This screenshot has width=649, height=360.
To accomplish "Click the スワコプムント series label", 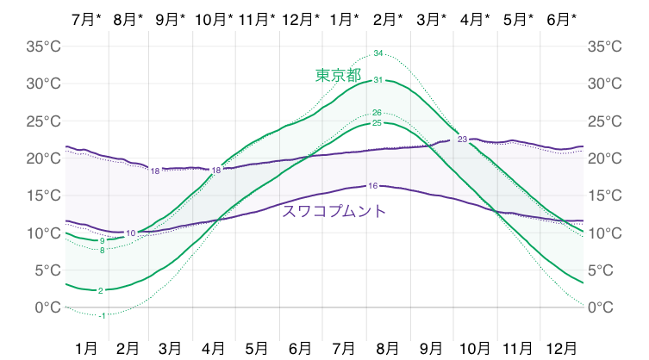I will (334, 210).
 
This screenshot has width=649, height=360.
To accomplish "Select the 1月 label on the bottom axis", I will (86, 348).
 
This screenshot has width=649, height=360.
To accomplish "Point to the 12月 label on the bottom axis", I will (562, 348).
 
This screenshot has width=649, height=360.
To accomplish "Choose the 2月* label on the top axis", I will (388, 18).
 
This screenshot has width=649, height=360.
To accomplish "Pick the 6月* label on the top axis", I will (562, 18).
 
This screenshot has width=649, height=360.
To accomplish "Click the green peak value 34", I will (378, 53).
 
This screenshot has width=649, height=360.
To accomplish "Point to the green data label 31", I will (378, 80).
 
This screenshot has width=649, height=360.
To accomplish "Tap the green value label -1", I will (102, 316).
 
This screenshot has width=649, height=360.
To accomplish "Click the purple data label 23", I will (462, 140).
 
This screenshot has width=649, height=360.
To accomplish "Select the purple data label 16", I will (372, 185).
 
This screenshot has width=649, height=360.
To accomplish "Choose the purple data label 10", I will (130, 233).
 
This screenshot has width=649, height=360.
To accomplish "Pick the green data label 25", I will (377, 123).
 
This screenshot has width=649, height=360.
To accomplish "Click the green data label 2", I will (101, 291).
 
